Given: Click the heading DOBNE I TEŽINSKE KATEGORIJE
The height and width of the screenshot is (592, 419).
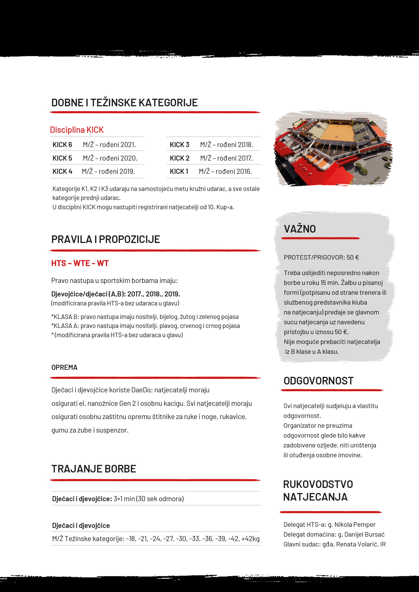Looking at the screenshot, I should [124, 103].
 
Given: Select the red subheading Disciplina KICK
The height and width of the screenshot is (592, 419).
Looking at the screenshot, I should [77, 130].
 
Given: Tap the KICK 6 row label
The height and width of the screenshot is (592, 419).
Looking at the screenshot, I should [62, 145].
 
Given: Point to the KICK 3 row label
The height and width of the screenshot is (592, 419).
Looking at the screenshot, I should [179, 145].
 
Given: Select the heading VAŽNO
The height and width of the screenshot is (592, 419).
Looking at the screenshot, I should [300, 229].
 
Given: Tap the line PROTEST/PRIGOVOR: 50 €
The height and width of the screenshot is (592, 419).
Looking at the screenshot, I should [321, 257].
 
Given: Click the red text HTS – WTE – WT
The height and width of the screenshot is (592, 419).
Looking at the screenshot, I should [80, 263].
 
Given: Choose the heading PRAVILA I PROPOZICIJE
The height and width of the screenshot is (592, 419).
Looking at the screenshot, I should [106, 239].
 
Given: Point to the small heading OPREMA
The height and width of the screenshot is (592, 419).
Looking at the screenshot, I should [64, 367].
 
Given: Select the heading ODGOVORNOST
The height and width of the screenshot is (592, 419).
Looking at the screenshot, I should [318, 381].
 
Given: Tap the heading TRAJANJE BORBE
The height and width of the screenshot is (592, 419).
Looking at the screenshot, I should [94, 469].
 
